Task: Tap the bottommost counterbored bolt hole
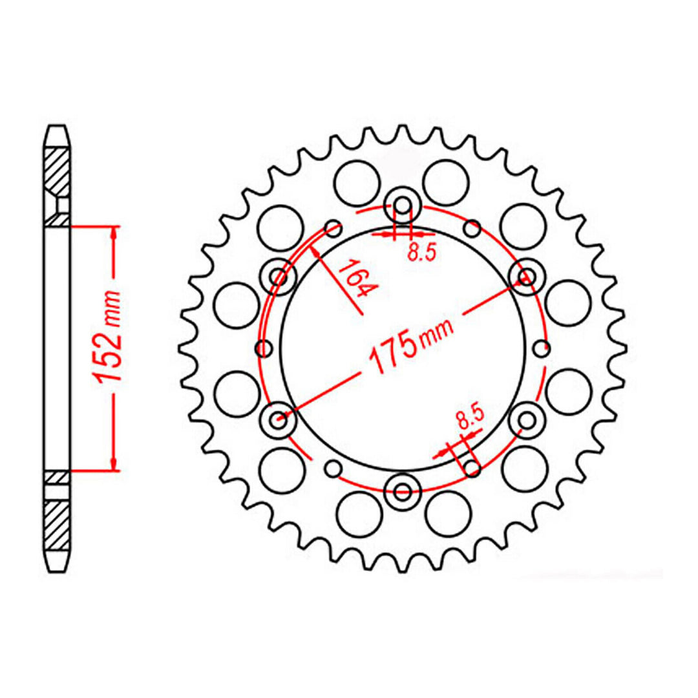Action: [x=403, y=491]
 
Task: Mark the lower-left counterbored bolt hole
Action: [x=280, y=419]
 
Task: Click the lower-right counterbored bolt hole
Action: [x=525, y=419]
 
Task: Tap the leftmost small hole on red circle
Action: [x=264, y=349]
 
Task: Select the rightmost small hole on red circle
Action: [x=542, y=349]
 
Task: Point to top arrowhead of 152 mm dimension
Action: [x=114, y=233]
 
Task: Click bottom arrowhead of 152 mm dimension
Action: [x=114, y=465]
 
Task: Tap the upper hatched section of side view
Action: [x=56, y=170]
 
